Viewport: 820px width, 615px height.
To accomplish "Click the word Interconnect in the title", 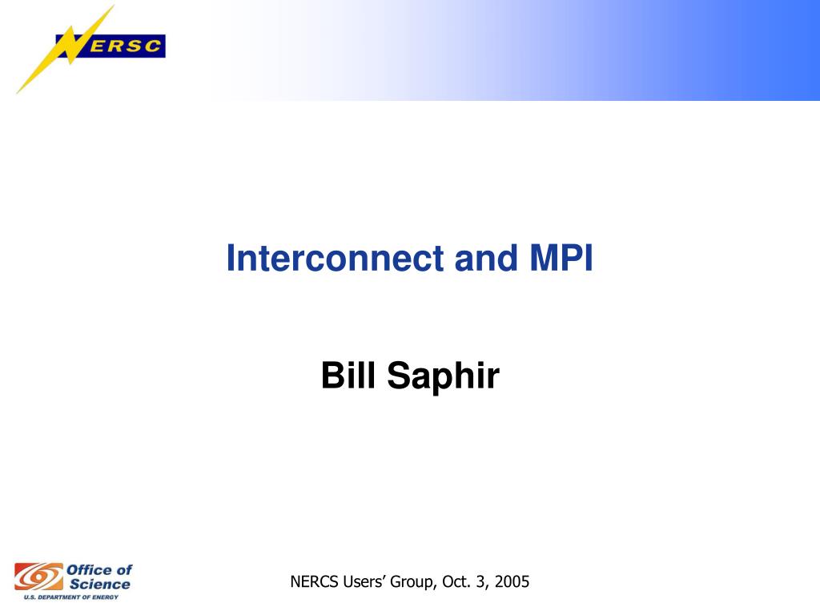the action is pos(336,258).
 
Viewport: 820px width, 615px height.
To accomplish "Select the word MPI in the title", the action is pos(561,258).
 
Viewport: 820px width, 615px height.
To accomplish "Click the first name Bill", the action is pos(348,375).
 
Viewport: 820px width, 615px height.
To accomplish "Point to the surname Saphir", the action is pos(444,376).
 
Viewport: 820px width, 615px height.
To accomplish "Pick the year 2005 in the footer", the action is pos(512,581).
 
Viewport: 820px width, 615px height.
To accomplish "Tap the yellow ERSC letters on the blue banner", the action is pos(124,46).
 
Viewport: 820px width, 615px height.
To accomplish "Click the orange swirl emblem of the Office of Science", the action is pos(38,577).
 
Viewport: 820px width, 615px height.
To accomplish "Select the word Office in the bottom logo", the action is pos(89,569).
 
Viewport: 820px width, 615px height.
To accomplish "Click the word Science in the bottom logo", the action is pos(100,584).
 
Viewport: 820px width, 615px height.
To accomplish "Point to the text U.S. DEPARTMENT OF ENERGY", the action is pos(71,597).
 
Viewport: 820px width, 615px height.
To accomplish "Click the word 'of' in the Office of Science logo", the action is pos(124,569).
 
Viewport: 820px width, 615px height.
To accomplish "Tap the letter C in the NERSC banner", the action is pos(152,46).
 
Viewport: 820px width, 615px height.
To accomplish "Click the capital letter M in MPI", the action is pos(545,258).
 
